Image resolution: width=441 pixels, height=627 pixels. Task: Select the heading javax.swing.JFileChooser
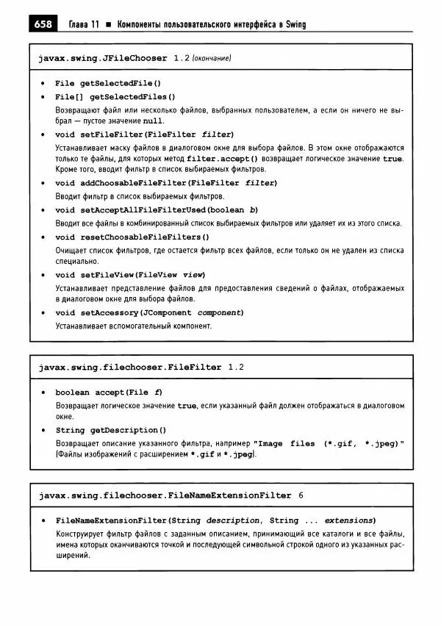click(x=102, y=57)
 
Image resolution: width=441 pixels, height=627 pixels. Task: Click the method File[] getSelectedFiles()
click(x=115, y=96)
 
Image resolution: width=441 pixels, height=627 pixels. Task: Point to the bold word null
click(x=154, y=121)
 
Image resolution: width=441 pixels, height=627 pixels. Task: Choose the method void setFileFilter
click(x=144, y=135)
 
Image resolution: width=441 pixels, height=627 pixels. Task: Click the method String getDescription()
click(x=111, y=430)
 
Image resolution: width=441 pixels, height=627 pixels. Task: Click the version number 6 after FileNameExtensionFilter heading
click(x=301, y=495)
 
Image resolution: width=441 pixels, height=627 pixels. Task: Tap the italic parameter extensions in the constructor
click(x=350, y=520)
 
